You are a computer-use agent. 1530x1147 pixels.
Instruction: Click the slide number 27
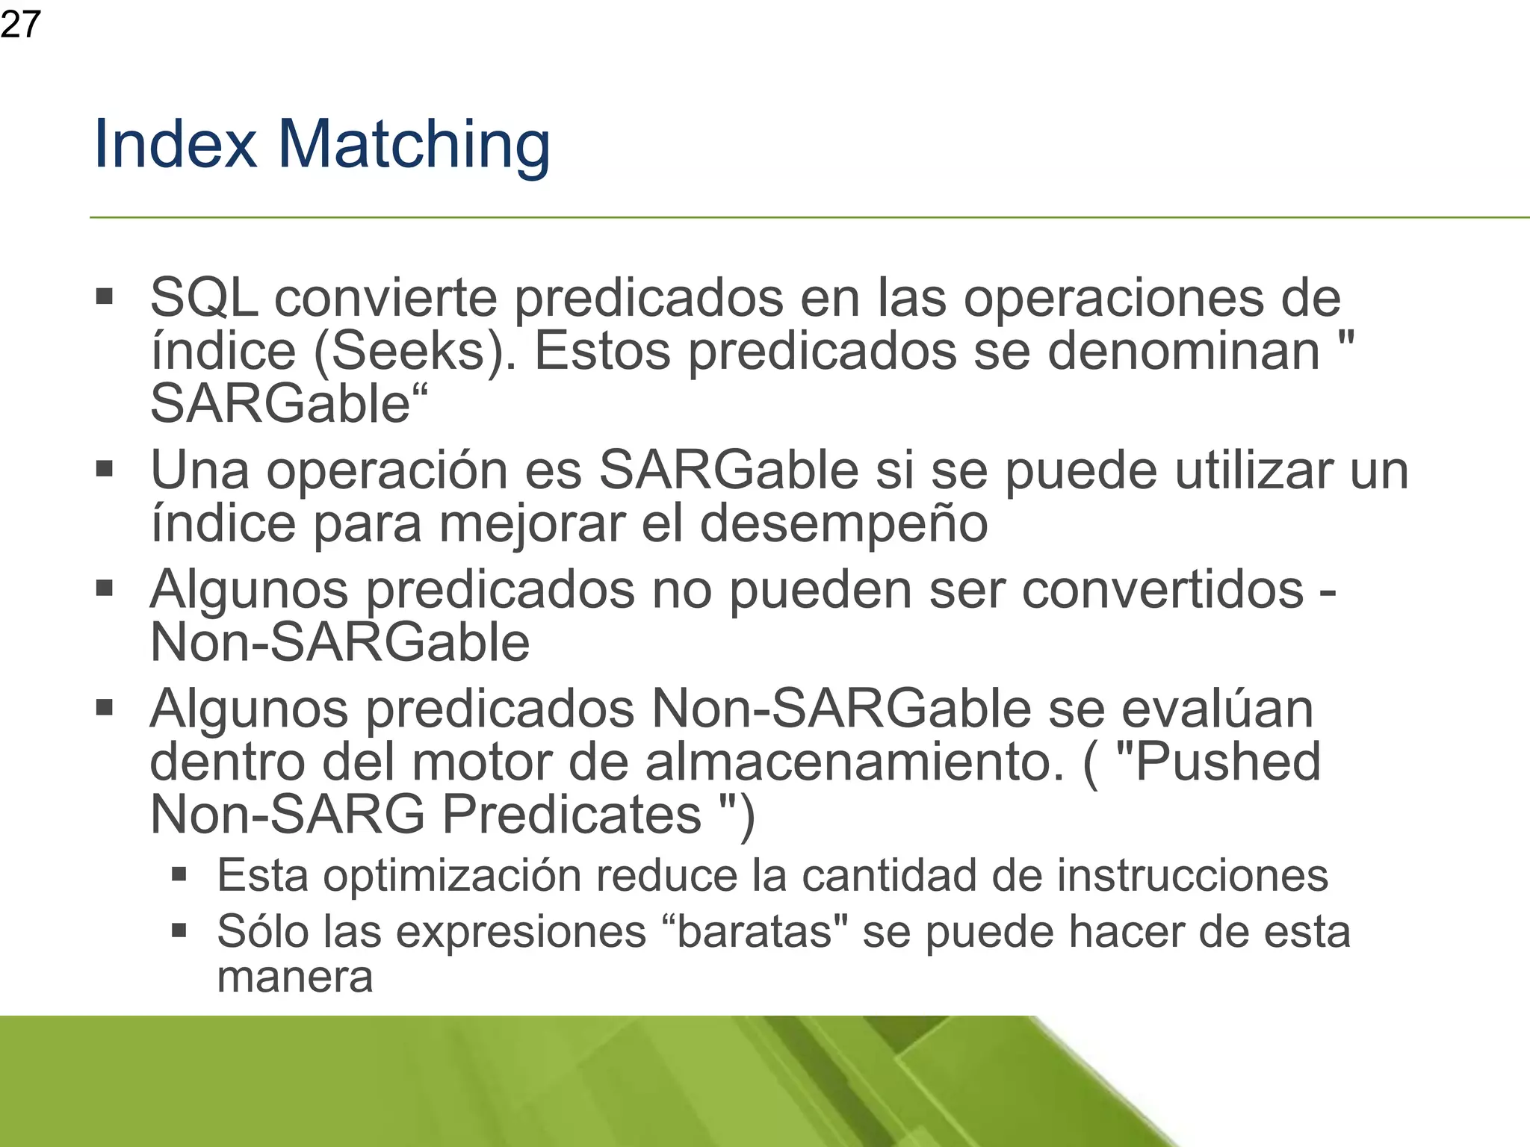tap(20, 25)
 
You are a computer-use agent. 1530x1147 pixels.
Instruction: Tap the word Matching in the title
tap(414, 146)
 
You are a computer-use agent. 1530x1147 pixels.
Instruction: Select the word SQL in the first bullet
tap(204, 298)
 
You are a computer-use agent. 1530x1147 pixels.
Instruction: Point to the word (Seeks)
tap(414, 352)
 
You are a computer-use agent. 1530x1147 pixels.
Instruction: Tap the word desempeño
tap(843, 523)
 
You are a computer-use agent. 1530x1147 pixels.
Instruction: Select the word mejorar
tap(531, 523)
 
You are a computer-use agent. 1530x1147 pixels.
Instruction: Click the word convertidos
tap(1162, 590)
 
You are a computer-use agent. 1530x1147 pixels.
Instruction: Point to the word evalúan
tap(1217, 709)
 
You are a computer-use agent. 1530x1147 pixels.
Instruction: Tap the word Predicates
tap(572, 815)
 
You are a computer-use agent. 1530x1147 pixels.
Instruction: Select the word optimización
tap(452, 875)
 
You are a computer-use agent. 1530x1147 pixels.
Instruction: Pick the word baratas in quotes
tap(755, 932)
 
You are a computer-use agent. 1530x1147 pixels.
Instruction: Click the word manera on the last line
tap(294, 977)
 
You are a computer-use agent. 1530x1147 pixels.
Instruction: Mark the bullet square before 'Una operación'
tap(104, 470)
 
